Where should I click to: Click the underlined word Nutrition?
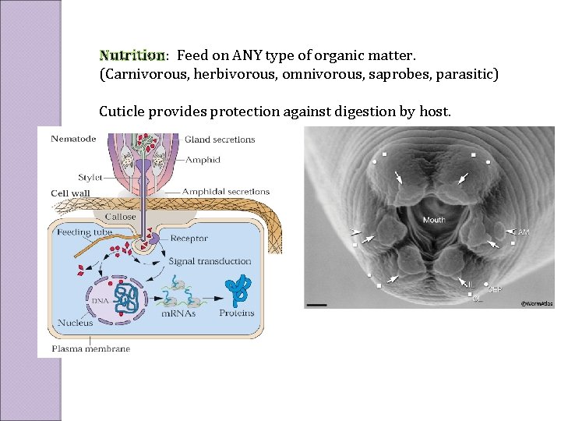[132, 55]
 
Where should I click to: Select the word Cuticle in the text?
[124, 111]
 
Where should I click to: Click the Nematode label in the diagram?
[73, 140]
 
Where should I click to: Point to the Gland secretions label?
[220, 140]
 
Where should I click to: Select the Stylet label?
[90, 178]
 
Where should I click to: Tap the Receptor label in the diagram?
[189, 238]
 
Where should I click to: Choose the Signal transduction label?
[210, 261]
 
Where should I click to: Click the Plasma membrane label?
[90, 348]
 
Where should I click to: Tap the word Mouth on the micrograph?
[434, 220]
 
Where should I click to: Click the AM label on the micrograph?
[523, 232]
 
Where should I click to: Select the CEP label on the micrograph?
[494, 289]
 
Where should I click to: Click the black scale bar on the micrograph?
[316, 304]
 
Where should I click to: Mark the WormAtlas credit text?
[536, 303]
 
